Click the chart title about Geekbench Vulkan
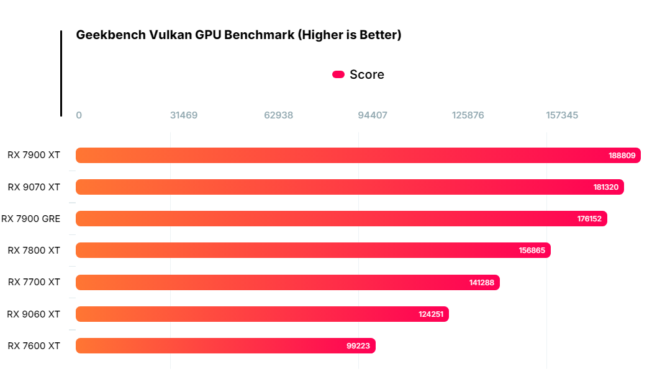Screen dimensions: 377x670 click(x=238, y=35)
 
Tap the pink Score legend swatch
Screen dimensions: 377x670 click(x=338, y=74)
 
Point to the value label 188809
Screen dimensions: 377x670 click(x=622, y=156)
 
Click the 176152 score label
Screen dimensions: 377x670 click(x=589, y=219)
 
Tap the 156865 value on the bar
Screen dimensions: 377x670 click(x=532, y=251)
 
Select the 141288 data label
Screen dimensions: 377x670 click(x=482, y=283)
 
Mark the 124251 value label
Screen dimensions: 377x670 click(x=431, y=314)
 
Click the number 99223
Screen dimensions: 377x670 click(x=358, y=346)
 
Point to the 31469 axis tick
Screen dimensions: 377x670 click(x=184, y=115)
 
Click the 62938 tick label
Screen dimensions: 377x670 click(x=278, y=115)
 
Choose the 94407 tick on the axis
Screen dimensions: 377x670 click(x=373, y=115)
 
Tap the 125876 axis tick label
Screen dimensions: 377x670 click(x=468, y=115)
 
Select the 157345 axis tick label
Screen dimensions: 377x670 click(x=562, y=115)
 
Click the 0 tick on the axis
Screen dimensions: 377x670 click(x=79, y=115)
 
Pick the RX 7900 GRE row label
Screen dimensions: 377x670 click(x=31, y=218)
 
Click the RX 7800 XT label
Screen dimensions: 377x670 click(x=34, y=250)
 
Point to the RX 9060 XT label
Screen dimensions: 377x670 click(x=34, y=314)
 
